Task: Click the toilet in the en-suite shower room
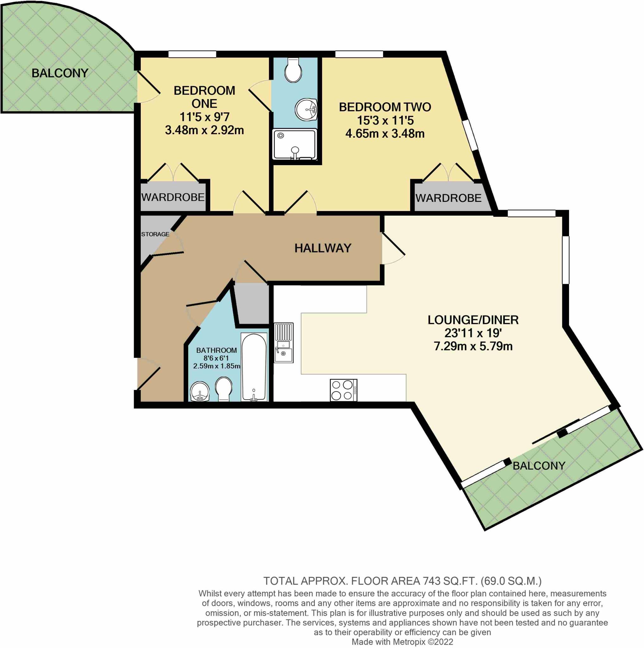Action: (x=293, y=70)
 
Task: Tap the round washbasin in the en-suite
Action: (x=306, y=110)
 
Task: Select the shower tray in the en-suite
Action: (x=295, y=145)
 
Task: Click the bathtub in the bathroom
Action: (x=254, y=367)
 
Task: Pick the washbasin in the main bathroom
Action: (x=200, y=392)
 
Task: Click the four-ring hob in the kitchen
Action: (x=344, y=390)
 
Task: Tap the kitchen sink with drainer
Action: (x=284, y=342)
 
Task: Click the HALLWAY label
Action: (x=323, y=248)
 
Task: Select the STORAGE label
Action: (x=155, y=234)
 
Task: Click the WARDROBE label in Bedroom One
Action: (x=173, y=197)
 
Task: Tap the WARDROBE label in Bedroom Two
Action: (x=448, y=198)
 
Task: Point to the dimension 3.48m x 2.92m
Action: (x=204, y=130)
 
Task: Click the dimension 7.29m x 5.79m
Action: (x=473, y=346)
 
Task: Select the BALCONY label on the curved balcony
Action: (x=60, y=73)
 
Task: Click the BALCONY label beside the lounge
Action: (x=539, y=465)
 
